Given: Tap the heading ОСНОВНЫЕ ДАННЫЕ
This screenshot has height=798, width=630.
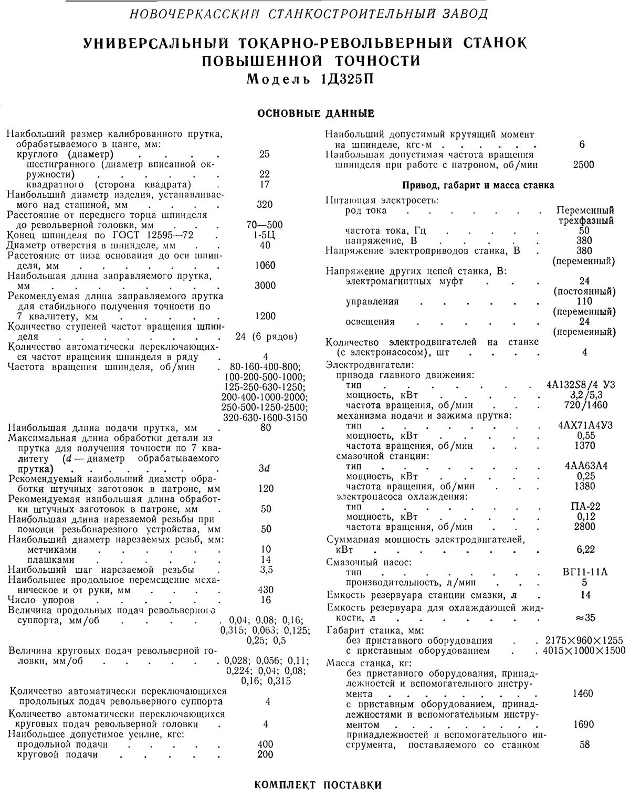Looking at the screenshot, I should [x=316, y=113].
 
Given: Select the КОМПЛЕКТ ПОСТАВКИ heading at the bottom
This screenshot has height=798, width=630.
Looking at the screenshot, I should [x=318, y=785].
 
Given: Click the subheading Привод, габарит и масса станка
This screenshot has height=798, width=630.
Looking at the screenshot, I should [x=478, y=185].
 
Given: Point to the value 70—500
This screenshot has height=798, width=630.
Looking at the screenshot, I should [x=265, y=225].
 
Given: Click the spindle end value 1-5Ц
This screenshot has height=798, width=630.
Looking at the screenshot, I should [x=265, y=235].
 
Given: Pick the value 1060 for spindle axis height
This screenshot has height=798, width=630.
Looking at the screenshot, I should [x=265, y=266].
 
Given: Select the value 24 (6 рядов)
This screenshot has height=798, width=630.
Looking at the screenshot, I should [x=266, y=337].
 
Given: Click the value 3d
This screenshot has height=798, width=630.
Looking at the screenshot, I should [x=265, y=468].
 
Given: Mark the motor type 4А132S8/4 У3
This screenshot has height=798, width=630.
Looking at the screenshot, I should [x=580, y=385].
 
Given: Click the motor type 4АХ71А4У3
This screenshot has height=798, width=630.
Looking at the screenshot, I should [x=585, y=425].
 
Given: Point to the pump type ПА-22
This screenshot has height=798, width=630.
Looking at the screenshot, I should [x=585, y=507].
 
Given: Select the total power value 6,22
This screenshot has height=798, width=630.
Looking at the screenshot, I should [x=585, y=550].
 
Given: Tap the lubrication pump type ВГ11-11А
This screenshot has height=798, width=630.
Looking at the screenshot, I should [x=585, y=572].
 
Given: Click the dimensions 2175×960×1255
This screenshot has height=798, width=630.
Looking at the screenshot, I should [x=584, y=640].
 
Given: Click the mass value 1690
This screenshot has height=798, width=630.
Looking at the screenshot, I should [x=583, y=724].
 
